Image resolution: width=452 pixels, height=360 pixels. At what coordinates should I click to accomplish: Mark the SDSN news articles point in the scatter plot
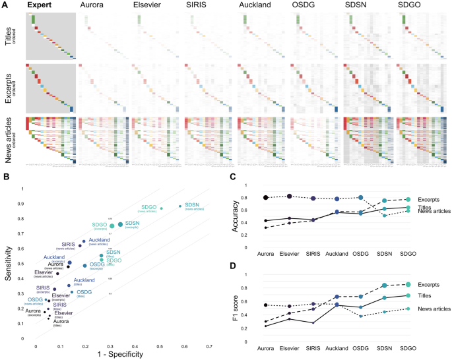click(x=180, y=206)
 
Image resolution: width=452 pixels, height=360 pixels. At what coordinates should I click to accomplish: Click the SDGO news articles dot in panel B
click(x=161, y=208)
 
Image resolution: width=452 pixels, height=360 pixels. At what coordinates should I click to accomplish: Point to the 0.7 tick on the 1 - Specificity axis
click(x=209, y=345)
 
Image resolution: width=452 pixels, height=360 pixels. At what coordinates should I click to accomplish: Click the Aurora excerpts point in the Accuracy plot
click(x=266, y=198)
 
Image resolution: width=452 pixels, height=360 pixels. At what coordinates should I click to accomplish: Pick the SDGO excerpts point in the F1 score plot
click(x=408, y=284)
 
